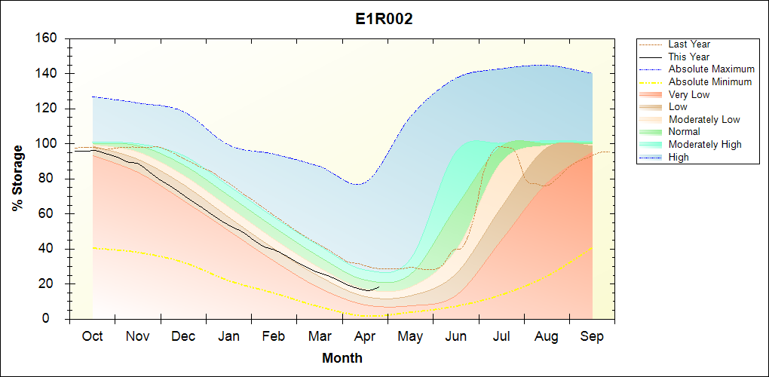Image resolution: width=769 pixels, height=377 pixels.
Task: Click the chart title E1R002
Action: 384,20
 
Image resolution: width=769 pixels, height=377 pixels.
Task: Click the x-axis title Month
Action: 342,358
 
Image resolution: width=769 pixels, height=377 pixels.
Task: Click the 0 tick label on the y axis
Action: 57,319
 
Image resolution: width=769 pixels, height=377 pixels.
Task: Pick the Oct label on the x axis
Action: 92,336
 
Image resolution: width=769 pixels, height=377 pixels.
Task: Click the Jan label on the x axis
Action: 228,336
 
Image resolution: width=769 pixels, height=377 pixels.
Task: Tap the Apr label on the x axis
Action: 365,336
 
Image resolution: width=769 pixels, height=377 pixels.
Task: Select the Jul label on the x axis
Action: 501,336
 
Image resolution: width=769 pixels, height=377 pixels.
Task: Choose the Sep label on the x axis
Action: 592,336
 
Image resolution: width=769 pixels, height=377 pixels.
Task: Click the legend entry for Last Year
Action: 689,44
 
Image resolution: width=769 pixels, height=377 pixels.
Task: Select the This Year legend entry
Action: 689,57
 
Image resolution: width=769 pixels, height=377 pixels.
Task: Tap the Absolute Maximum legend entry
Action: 711,69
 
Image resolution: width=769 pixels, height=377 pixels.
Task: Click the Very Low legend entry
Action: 689,94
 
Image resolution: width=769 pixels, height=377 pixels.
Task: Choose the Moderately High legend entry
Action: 705,144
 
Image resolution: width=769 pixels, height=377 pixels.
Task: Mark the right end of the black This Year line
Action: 379,287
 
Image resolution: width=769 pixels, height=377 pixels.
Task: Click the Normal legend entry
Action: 685,132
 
